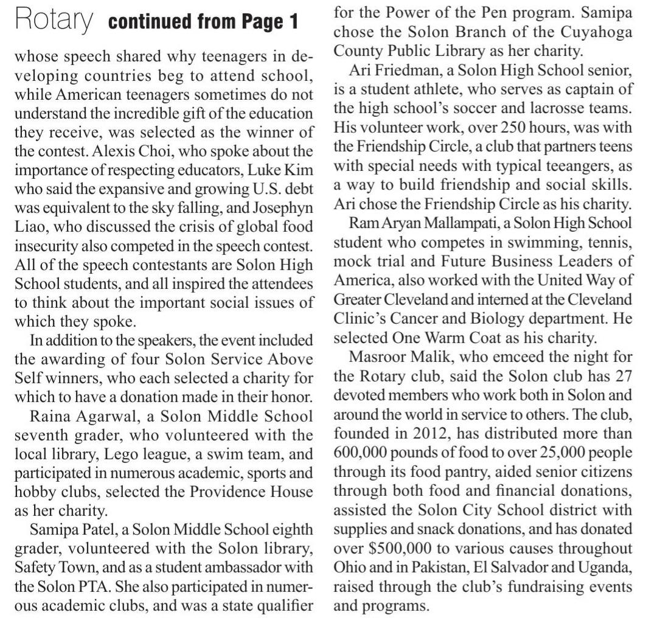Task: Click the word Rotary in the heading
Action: point(54,21)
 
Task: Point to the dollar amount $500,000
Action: point(402,548)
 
